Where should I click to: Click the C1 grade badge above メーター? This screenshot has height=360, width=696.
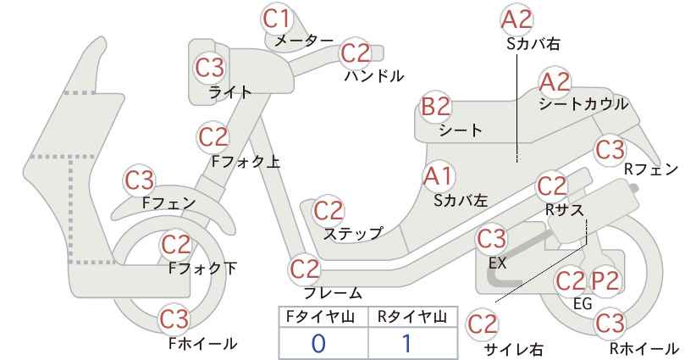point(277,19)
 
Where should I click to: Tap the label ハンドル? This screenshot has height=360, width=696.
point(374,76)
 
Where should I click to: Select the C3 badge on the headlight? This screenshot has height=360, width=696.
point(210,68)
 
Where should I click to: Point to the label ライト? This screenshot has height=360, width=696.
point(230,92)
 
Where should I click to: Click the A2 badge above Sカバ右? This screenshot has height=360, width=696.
point(516,19)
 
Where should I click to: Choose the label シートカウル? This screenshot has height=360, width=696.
point(583,104)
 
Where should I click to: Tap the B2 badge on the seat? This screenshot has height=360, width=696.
point(436,107)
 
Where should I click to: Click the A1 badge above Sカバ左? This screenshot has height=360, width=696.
point(438,176)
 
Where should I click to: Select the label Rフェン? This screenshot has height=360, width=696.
point(651,169)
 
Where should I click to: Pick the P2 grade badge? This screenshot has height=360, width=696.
point(605,281)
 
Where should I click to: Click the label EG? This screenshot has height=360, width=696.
point(583,303)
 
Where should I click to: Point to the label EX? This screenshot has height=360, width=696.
point(498,263)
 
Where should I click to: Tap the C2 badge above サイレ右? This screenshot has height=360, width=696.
point(483,324)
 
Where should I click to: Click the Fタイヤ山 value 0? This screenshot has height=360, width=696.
point(318,344)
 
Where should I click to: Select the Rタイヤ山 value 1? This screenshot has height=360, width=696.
point(406,344)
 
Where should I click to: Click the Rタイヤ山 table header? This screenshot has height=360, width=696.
point(412,317)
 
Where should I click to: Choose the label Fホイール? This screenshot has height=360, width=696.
point(203,344)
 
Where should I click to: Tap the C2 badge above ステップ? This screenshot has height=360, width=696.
point(329,211)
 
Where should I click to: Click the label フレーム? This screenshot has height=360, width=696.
point(333,292)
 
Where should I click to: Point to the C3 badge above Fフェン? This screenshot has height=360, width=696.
point(140,180)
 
